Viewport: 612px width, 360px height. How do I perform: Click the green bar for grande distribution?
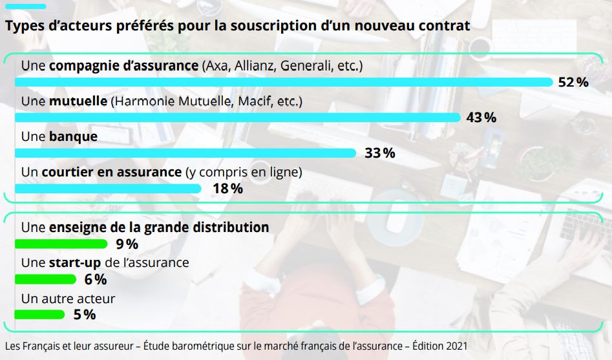click(61, 244)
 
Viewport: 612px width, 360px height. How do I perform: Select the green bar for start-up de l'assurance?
click(45, 280)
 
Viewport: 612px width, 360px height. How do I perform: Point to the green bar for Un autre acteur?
click(39, 315)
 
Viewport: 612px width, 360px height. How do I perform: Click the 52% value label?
click(573, 82)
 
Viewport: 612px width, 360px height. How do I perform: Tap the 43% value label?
click(481, 118)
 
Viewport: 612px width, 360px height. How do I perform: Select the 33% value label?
click(379, 153)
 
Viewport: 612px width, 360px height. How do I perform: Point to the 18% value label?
click(227, 189)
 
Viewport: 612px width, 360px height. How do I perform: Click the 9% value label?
click(127, 244)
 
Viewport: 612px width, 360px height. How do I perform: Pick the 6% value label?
click(95, 280)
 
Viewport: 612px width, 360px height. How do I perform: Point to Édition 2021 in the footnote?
click(440, 346)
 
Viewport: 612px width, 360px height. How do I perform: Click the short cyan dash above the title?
click(25, 6)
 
